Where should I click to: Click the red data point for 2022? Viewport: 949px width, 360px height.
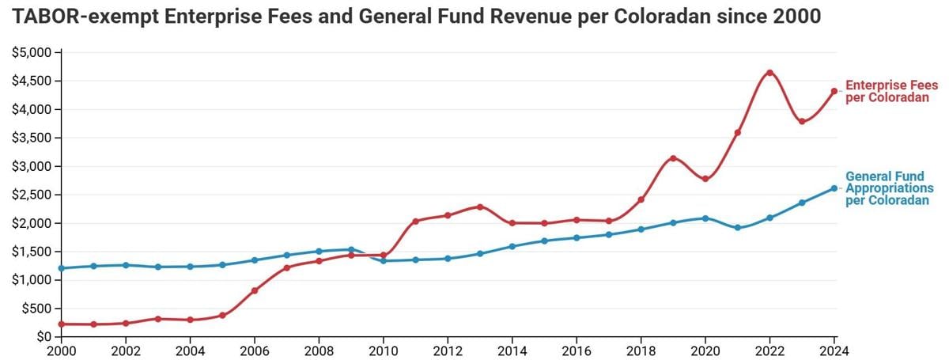tap(769, 73)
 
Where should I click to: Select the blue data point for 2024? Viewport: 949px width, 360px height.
tap(834, 188)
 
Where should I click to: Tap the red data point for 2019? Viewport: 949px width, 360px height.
tap(673, 158)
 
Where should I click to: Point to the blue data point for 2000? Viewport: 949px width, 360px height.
tap(62, 268)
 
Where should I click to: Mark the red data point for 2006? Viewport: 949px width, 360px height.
tap(255, 290)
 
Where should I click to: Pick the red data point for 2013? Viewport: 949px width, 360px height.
tap(480, 207)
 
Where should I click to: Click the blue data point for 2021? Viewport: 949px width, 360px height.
tap(737, 228)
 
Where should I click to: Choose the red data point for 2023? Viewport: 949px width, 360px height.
tap(802, 122)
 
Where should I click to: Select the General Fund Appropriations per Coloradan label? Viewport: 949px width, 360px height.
tap(890, 189)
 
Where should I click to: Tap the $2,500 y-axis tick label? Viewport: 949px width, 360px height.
tap(31, 195)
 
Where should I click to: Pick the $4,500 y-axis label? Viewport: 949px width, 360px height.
tap(31, 81)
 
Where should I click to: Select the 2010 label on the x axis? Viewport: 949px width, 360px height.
tap(384, 351)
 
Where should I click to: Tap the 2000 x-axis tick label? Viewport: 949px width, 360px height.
tap(62, 351)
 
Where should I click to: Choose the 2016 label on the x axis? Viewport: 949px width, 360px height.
tap(577, 351)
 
